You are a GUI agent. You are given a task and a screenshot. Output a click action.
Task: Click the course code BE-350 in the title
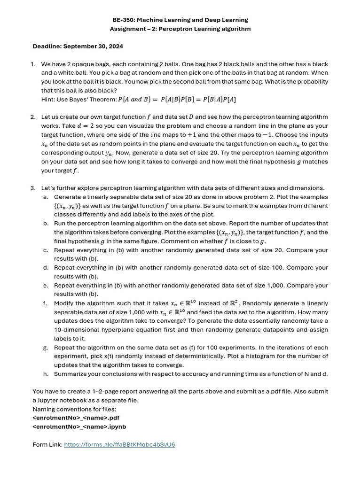[x=124, y=20]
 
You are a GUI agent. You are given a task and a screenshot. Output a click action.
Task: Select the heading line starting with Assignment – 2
[x=180, y=29]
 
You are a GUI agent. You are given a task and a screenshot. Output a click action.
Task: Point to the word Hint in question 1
[x=48, y=100]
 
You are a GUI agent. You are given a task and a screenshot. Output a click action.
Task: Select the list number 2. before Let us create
[x=33, y=117]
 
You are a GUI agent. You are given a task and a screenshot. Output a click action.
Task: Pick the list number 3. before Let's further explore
[x=33, y=188]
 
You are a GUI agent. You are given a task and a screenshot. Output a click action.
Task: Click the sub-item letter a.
[x=46, y=197]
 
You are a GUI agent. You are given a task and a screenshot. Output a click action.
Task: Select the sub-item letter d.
[x=46, y=268]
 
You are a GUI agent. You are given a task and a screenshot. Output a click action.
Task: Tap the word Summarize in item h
[x=71, y=374]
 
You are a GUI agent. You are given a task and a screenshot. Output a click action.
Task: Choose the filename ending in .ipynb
[x=79, y=427]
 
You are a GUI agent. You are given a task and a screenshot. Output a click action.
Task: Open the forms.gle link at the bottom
[x=119, y=444]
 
